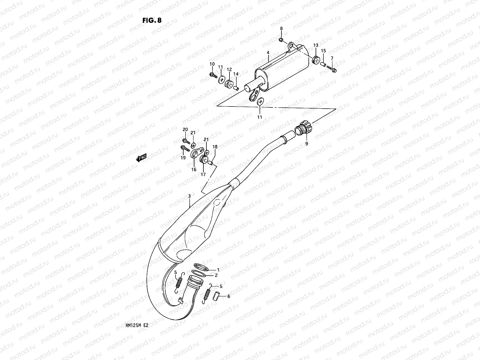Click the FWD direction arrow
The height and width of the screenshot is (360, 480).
141,158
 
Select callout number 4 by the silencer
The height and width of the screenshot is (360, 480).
268,52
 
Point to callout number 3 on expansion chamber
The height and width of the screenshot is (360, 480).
189,196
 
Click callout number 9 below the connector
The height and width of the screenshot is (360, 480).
307,144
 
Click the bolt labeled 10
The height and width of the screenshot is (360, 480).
213,75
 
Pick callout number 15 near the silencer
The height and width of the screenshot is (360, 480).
323,50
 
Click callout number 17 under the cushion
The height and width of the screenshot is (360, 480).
203,174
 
